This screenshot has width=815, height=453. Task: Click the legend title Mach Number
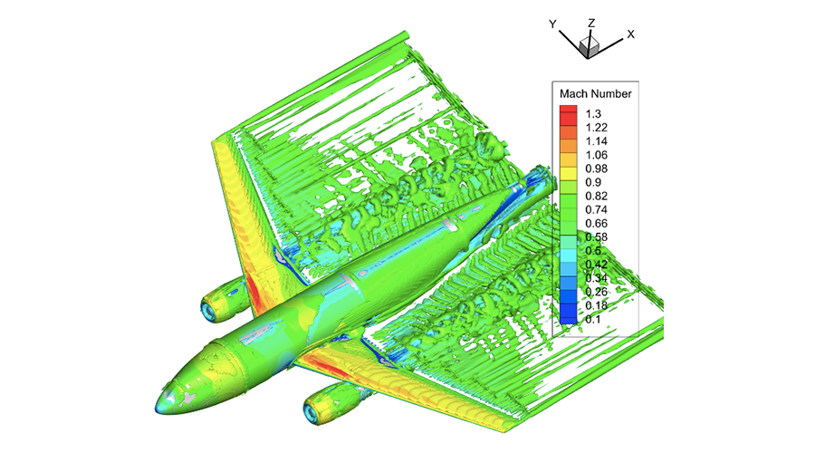[595, 94]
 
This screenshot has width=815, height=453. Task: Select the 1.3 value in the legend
[593, 114]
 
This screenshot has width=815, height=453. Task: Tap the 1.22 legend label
[596, 128]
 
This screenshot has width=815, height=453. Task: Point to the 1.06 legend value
[596, 155]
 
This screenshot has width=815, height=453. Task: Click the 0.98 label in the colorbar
[596, 169]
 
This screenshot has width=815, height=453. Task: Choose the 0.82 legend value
[596, 196]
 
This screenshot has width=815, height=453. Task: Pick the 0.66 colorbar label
[596, 223]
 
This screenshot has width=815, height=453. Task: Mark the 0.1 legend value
[593, 319]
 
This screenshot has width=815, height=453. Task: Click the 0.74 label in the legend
[596, 209]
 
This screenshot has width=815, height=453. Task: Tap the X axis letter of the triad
[630, 34]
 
